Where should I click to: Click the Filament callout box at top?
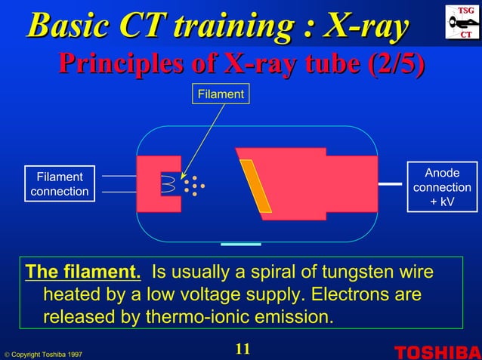(x=220, y=94)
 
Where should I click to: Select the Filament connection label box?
(x=60, y=184)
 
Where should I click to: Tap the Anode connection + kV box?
(x=442, y=186)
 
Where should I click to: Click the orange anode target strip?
(x=255, y=186)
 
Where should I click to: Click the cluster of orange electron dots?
(x=193, y=186)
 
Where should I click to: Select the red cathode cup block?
(x=150, y=184)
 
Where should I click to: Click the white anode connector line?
(x=390, y=183)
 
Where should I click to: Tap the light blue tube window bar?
(x=242, y=245)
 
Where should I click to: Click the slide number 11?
(x=242, y=349)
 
